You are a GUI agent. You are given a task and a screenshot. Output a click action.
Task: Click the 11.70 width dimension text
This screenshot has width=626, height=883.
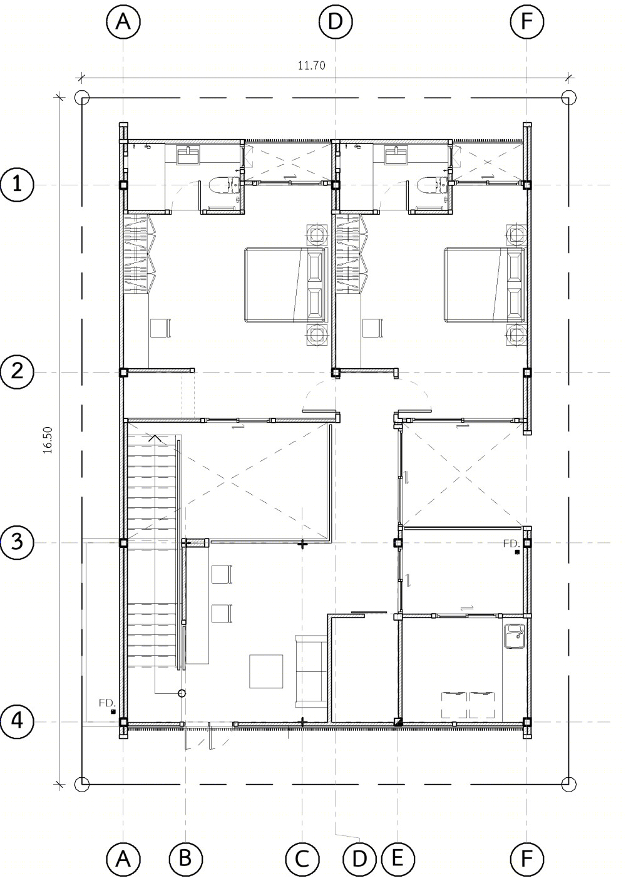pos(311,65)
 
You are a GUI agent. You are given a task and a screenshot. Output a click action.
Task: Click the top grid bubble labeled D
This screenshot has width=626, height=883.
pos(336,21)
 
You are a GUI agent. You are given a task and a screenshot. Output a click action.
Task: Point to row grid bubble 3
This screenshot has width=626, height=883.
pos(16,543)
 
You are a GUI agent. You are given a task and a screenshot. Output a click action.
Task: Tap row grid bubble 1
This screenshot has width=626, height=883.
pos(16,184)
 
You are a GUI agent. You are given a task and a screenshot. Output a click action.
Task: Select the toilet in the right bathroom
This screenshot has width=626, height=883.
pos(432,184)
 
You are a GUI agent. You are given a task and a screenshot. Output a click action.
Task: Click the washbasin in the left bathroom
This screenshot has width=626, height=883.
pos(190,155)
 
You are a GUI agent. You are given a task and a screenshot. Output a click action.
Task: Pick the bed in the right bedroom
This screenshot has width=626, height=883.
pos(485,285)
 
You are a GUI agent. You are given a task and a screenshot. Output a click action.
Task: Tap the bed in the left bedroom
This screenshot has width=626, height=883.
pos(285,285)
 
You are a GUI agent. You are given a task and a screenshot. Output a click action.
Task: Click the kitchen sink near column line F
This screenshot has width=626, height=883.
pos(514,636)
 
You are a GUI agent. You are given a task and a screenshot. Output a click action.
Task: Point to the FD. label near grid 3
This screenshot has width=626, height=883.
pos(511,544)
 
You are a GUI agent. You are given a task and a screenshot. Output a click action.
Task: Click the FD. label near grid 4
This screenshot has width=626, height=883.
pos(107,703)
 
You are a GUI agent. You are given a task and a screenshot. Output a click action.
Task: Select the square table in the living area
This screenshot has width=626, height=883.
pos(266,671)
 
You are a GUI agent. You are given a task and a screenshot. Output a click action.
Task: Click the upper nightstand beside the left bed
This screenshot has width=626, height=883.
pos(316,235)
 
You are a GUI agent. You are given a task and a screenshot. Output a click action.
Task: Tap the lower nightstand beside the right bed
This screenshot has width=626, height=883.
pos(516,336)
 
